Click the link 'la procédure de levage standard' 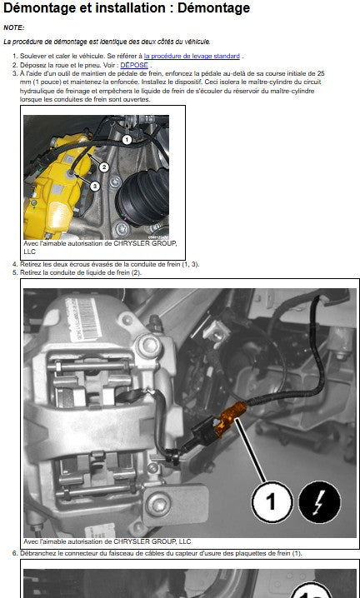click(192, 56)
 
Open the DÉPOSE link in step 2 click(134, 65)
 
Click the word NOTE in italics click(13, 27)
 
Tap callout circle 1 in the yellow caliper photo click(127, 140)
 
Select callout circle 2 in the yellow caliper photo click(104, 167)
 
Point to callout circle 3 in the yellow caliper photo click(95, 186)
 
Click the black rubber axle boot click(142, 197)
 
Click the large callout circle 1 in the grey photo click(272, 501)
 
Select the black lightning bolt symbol click(319, 501)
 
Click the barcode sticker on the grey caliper click(84, 320)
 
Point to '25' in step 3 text click(321, 73)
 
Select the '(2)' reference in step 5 click(137, 272)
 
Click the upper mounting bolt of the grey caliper click(148, 346)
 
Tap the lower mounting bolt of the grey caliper click(157, 503)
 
